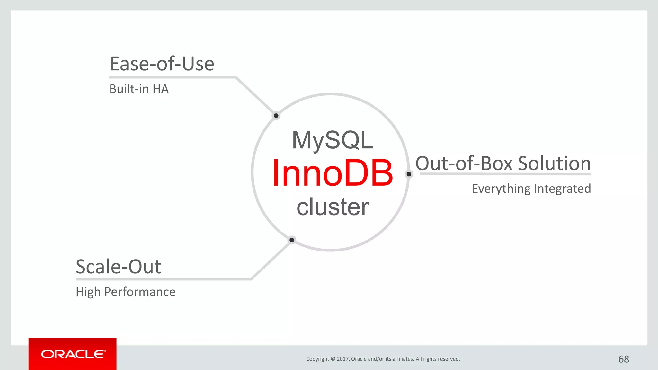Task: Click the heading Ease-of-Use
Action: (162, 64)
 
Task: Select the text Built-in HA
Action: (139, 89)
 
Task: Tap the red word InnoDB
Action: (332, 173)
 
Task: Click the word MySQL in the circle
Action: (332, 140)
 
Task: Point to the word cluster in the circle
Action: (332, 207)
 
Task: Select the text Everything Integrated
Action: (531, 189)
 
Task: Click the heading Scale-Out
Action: (118, 267)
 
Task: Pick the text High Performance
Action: (126, 292)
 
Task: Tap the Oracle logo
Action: (73, 354)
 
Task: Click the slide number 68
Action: (624, 359)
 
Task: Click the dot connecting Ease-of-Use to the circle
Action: (276, 116)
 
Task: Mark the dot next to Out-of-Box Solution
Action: (409, 174)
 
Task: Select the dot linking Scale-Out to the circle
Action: (292, 240)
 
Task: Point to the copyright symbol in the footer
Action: (333, 359)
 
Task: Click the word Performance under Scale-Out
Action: (140, 292)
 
